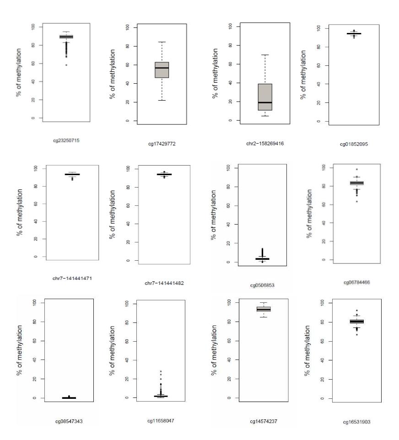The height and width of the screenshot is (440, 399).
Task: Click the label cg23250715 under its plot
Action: (66, 140)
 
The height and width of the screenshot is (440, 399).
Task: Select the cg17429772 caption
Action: (162, 144)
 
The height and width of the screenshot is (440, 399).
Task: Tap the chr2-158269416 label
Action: (265, 144)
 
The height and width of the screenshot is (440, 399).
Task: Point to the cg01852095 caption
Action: (354, 144)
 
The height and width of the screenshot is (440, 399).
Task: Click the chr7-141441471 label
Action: (72, 279)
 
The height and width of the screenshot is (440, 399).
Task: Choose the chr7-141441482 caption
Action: (164, 283)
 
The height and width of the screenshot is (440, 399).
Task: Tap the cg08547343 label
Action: (69, 421)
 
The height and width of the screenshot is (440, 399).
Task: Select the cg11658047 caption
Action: (161, 421)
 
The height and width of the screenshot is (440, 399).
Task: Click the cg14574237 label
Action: (264, 421)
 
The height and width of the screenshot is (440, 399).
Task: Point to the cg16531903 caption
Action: (356, 422)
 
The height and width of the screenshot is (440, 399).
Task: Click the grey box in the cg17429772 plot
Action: (162, 70)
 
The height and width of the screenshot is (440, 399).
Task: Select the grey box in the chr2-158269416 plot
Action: (265, 97)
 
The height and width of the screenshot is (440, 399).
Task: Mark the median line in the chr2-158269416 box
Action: (265, 102)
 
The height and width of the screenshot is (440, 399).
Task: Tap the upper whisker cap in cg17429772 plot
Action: (162, 42)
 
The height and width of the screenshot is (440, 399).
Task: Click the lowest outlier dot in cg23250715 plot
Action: (66, 65)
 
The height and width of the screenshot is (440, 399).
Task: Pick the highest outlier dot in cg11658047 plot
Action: (161, 371)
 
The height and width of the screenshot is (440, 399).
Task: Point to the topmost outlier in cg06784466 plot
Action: (357, 169)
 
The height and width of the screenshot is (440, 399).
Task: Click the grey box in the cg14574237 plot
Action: (264, 309)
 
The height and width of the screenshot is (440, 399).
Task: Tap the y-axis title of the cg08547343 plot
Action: (19, 350)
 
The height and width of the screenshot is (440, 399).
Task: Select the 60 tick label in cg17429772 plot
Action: (128, 65)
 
